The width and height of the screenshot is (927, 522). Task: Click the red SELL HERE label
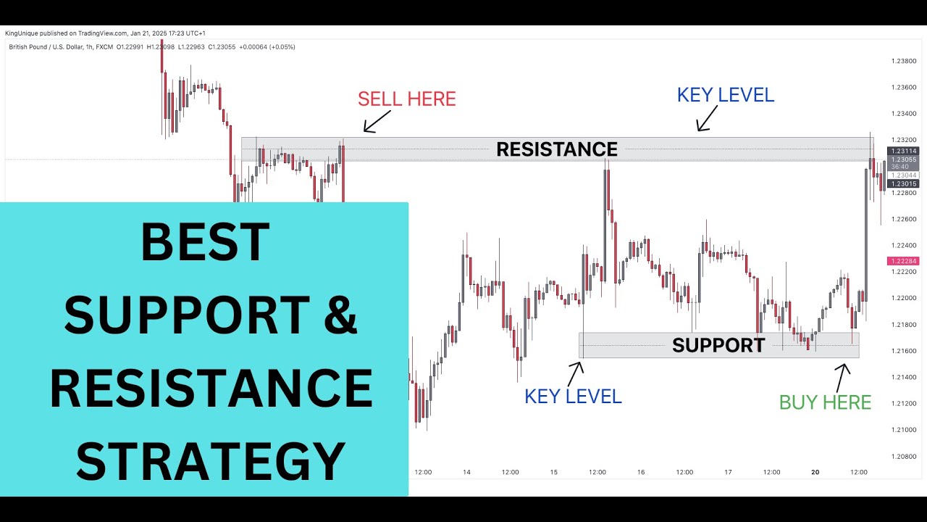(407, 99)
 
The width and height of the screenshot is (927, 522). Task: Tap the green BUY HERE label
(825, 402)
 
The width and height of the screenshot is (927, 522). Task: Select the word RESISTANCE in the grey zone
(556, 149)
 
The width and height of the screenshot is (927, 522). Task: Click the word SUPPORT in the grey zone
(718, 345)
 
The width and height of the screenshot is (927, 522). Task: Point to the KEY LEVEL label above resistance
(726, 95)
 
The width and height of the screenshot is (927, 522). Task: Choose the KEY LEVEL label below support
(573, 397)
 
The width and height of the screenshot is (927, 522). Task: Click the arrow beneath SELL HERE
(376, 121)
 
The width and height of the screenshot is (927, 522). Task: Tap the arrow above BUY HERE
(842, 376)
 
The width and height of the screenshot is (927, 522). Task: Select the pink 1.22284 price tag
(902, 261)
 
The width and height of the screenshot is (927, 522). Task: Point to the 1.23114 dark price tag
(903, 151)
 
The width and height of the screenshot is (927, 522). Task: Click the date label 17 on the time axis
(728, 472)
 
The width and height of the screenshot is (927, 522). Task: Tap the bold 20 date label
(815, 472)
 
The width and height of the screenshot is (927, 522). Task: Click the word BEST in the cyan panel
(205, 242)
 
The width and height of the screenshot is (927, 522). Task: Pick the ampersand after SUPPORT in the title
(337, 315)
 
